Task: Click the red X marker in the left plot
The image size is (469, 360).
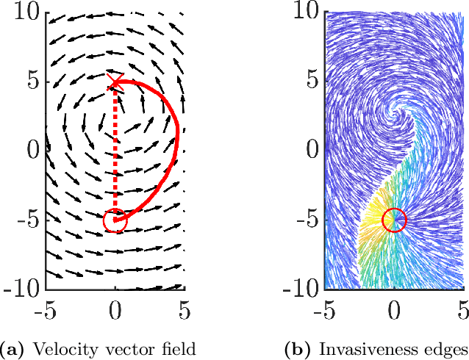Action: (x=115, y=82)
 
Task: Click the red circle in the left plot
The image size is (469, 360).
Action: (x=115, y=220)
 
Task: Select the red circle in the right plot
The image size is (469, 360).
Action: (x=395, y=220)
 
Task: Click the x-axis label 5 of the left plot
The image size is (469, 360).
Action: (x=184, y=311)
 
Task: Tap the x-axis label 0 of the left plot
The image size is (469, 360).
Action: (x=115, y=311)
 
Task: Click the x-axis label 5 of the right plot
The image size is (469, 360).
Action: (x=463, y=311)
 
